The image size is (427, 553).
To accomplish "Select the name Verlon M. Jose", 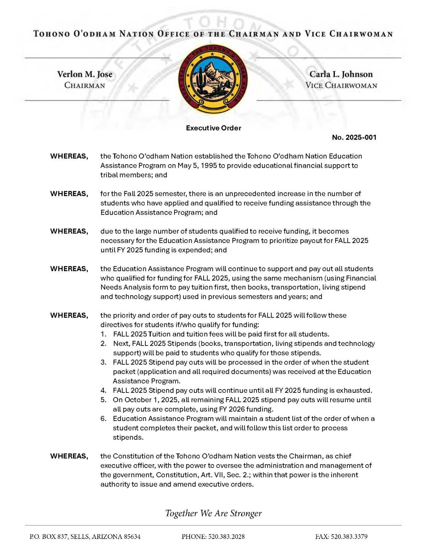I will coord(85,74).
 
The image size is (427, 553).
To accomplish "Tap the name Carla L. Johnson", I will coord(341,74).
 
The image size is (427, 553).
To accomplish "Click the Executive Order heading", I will coord(213,128).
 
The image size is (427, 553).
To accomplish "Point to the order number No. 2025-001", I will coord(354,137).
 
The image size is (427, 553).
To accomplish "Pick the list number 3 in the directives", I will coord(103,362).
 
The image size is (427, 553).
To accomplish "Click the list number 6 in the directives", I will coord(103,418).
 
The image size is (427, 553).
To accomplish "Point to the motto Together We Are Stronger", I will coord(213,513).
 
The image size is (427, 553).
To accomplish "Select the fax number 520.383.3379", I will coord(349,536).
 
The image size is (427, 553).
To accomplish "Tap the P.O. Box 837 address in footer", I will coord(85,536).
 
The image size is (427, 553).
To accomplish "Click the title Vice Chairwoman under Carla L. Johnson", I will coord(341,85).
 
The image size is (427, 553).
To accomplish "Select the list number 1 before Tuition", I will coord(103,334).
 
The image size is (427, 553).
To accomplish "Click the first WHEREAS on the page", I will coord(69,156).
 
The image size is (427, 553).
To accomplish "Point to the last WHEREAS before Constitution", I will coord(69,456).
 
